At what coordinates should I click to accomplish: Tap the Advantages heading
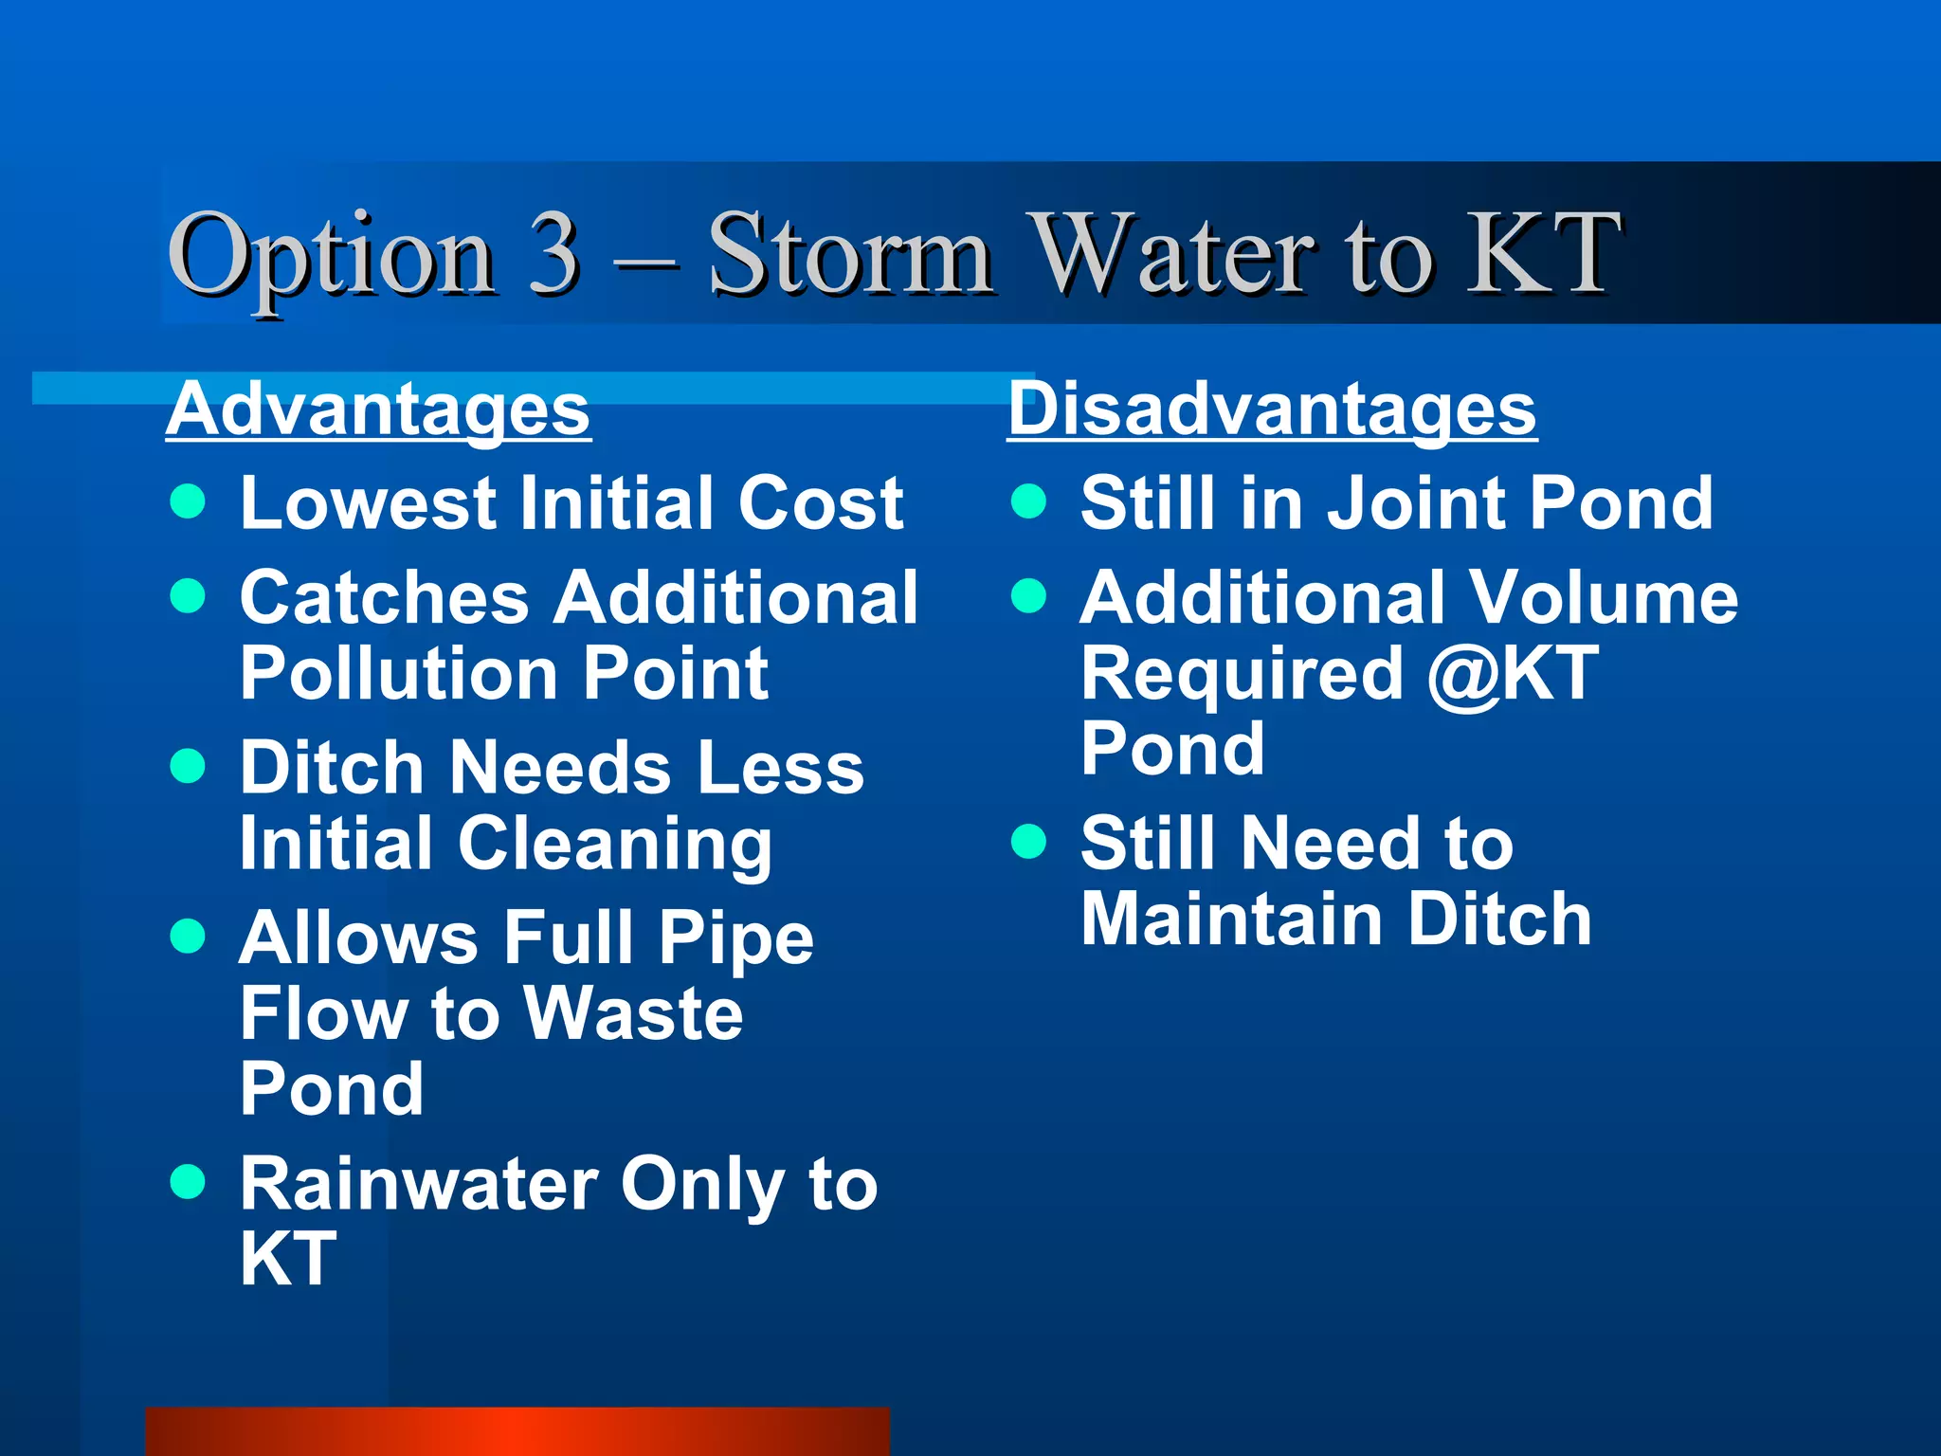click(x=378, y=409)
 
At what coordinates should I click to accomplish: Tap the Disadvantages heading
click(x=1272, y=409)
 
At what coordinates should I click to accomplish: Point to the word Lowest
click(x=368, y=502)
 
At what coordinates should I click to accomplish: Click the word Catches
click(x=384, y=598)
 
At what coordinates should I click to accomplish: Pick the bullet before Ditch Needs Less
click(x=188, y=766)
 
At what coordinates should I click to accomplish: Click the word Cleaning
click(x=615, y=844)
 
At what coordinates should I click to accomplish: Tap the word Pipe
click(x=736, y=938)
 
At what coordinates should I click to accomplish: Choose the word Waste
click(x=633, y=1013)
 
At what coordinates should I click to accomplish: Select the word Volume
click(x=1603, y=598)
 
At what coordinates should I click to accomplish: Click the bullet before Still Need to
click(x=1028, y=841)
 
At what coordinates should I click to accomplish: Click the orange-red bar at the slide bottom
click(x=517, y=1431)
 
